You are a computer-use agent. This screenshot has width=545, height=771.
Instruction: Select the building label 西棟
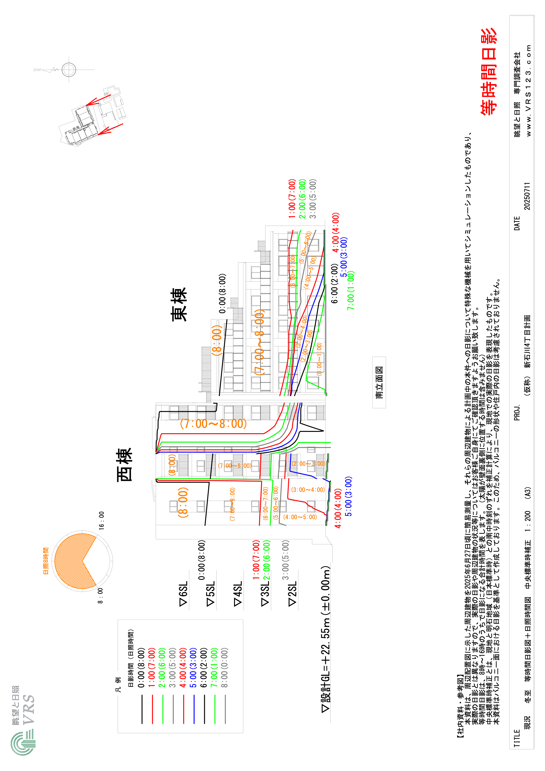(124, 465)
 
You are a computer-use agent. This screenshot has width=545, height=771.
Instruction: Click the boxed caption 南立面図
(379, 382)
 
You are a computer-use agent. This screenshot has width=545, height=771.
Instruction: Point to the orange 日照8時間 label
(46, 561)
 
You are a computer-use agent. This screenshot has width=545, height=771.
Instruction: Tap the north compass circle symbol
(69, 70)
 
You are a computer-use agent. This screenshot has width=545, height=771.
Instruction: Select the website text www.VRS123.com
(528, 91)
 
